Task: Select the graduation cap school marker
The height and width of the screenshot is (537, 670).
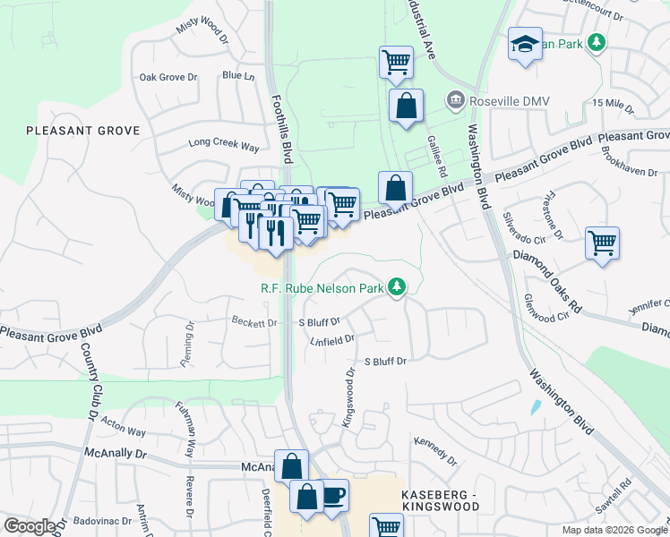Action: [x=524, y=44]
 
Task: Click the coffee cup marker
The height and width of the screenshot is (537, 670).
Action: [x=333, y=495]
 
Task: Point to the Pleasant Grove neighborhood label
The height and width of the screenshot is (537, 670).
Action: [x=83, y=131]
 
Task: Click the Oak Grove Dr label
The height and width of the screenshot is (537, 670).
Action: [x=167, y=77]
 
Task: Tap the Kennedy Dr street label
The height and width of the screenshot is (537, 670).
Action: [x=435, y=451]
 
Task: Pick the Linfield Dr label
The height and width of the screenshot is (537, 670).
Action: [x=332, y=340]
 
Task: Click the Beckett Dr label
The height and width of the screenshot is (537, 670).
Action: [x=254, y=322]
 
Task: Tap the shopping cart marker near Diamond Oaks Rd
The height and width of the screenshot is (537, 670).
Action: [x=602, y=243]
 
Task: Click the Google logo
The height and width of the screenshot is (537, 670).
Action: [x=30, y=526]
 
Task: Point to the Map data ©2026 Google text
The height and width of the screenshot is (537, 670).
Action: [x=614, y=530]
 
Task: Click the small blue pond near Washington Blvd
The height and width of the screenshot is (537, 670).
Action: [x=536, y=407]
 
